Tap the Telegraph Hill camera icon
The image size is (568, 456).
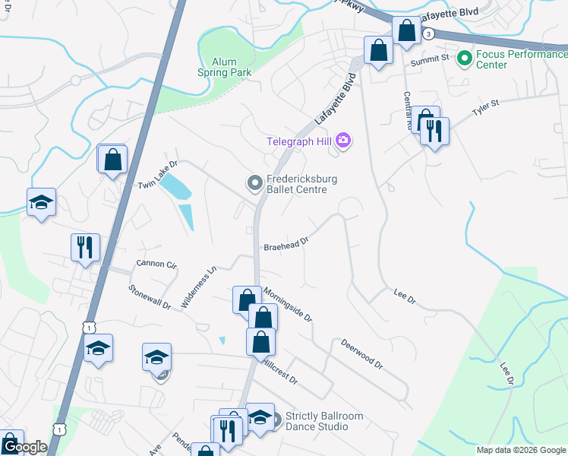[343, 140]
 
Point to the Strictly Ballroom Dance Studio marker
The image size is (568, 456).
[276, 419]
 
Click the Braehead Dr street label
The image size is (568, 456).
[286, 245]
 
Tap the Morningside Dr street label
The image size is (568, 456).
[289, 305]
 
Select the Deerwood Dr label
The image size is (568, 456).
[361, 353]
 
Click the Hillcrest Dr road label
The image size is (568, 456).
[279, 372]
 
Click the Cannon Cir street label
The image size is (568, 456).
[156, 264]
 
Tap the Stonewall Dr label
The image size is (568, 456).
[150, 296]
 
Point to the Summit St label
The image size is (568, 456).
[427, 61]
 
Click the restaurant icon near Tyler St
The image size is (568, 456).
[434, 131]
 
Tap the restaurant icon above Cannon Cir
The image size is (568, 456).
[85, 247]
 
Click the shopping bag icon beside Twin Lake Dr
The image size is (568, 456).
[113, 160]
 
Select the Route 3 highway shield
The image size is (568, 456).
[429, 33]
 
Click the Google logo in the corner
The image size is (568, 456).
[25, 447]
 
